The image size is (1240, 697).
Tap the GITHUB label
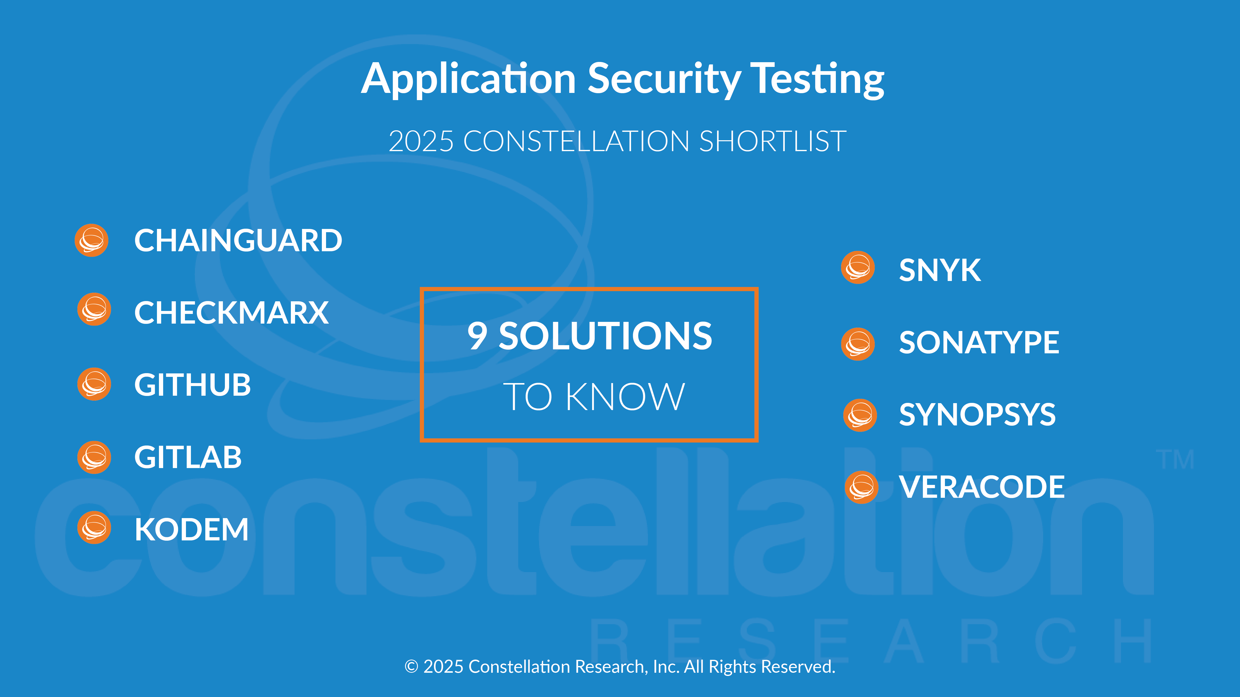193,385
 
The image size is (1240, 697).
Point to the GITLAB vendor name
188,457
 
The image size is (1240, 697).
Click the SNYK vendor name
940,270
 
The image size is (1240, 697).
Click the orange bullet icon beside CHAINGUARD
91,240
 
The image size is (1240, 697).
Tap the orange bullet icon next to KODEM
94,528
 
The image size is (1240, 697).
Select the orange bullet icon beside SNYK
858,267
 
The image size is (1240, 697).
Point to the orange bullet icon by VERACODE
862,487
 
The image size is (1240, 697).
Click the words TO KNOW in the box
594,397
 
